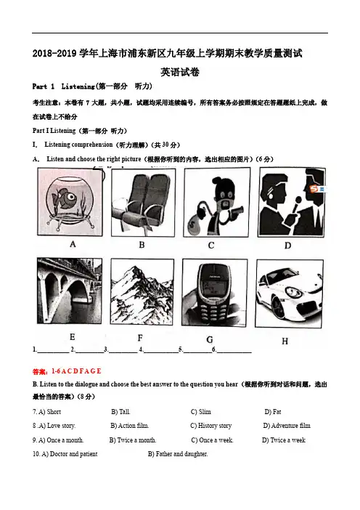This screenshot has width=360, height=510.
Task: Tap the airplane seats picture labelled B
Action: (143, 202)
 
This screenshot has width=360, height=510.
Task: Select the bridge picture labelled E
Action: (70, 291)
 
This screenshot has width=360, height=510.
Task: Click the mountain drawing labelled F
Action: (142, 291)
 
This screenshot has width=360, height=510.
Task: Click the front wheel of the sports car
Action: (278, 307)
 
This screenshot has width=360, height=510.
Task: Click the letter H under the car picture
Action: (285, 341)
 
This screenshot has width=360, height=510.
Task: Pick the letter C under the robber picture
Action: (211, 246)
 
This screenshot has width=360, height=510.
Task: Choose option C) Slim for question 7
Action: (201, 412)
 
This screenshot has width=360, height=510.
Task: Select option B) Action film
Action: (130, 426)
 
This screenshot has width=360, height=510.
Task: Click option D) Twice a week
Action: (284, 440)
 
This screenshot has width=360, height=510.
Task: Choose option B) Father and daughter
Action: (178, 454)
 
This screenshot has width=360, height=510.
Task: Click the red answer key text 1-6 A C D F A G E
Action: (76, 371)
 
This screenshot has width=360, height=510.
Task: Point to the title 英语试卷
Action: (180, 72)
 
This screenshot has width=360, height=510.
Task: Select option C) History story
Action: (211, 426)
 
